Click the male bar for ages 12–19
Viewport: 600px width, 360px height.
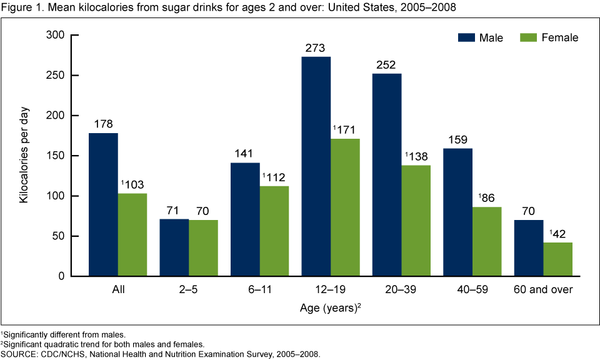[x=316, y=166]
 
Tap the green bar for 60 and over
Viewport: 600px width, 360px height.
[x=557, y=259]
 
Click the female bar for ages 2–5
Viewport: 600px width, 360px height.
[x=203, y=248]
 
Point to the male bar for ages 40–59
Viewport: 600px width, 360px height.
[x=458, y=212]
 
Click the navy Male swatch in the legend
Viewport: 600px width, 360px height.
[x=466, y=37]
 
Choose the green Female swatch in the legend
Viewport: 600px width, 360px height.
[x=529, y=37]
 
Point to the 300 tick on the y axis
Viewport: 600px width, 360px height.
[x=56, y=36]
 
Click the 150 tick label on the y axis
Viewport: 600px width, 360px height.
[x=56, y=156]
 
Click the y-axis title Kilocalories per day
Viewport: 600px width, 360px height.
[x=24, y=156]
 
